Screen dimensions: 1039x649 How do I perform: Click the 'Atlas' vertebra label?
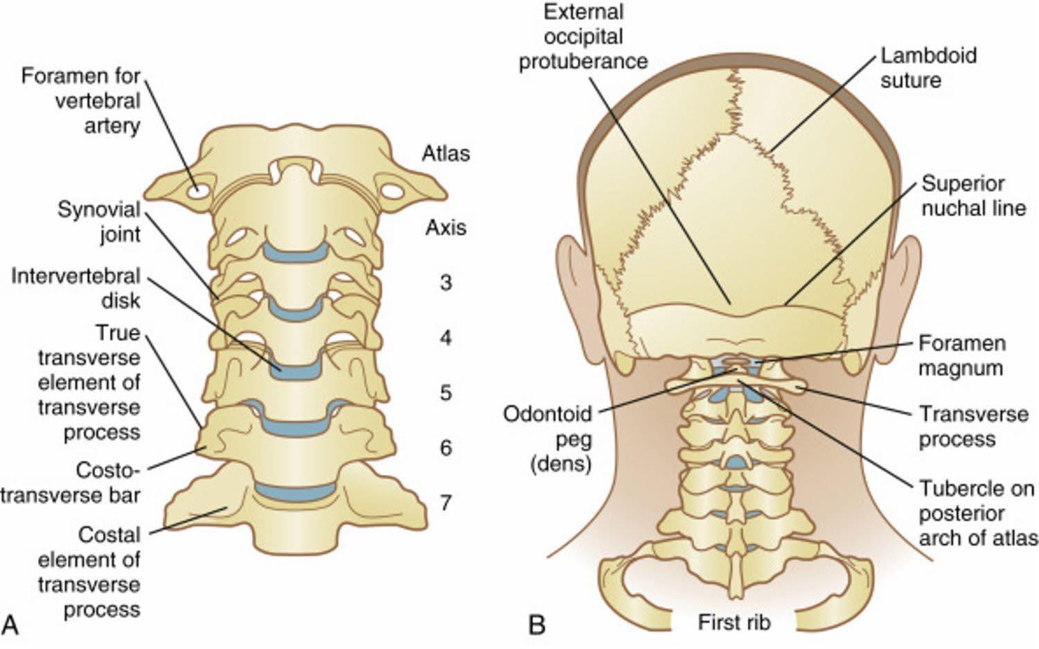pyautogui.click(x=446, y=154)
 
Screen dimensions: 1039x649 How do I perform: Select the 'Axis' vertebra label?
pyautogui.click(x=446, y=227)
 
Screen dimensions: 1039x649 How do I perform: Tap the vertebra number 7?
pyautogui.click(x=446, y=503)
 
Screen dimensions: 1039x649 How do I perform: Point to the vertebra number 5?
pyautogui.click(x=446, y=392)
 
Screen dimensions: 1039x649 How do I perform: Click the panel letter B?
pyautogui.click(x=537, y=625)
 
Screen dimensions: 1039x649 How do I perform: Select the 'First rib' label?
pyautogui.click(x=734, y=623)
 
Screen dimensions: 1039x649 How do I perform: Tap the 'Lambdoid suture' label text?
pyautogui.click(x=929, y=68)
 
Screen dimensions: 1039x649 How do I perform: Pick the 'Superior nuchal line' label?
pyautogui.click(x=974, y=196)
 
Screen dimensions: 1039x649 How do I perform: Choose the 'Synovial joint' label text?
pyautogui.click(x=99, y=222)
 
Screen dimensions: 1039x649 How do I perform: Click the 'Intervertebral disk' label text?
pyautogui.click(x=76, y=288)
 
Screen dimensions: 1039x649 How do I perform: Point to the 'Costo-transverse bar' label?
pyautogui.click(x=71, y=483)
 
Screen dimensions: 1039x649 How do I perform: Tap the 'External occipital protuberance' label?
pyautogui.click(x=583, y=37)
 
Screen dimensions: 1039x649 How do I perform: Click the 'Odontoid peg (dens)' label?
pyautogui.click(x=548, y=439)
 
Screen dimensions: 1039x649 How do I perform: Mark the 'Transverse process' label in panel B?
pyautogui.click(x=974, y=426)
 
